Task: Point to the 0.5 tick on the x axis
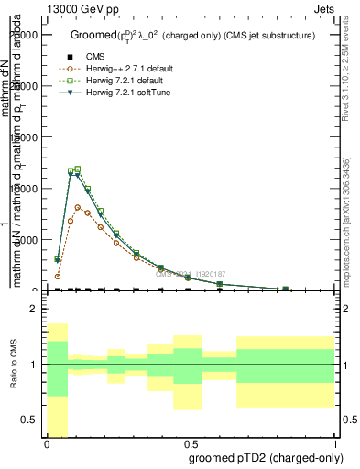(191, 443)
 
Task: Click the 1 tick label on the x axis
(335, 443)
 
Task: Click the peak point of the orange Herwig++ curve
(79, 207)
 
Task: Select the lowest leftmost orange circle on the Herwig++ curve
(58, 276)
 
